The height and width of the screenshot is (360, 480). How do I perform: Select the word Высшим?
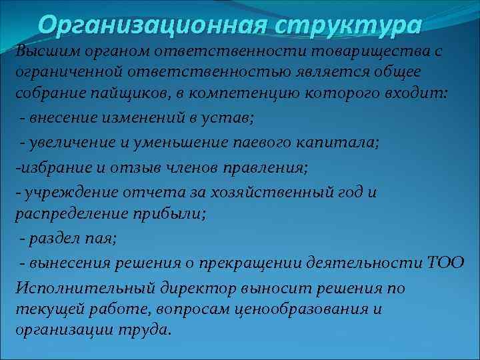[44, 51]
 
